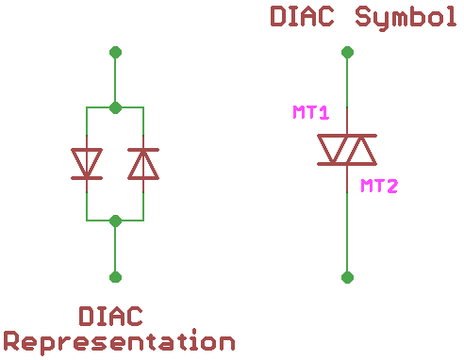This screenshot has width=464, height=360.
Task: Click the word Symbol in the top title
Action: (x=406, y=17)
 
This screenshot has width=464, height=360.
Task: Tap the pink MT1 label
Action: (x=310, y=113)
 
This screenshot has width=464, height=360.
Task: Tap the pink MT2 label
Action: (x=379, y=186)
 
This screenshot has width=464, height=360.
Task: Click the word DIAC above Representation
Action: (x=111, y=315)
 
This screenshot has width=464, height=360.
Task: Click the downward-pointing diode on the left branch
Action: (x=87, y=163)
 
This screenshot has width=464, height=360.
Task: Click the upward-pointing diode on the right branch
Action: (x=143, y=163)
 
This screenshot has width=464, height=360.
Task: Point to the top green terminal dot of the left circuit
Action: (x=115, y=52)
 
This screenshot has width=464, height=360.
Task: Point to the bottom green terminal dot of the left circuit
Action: (x=115, y=276)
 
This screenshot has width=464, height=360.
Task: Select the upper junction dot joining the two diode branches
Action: (x=115, y=107)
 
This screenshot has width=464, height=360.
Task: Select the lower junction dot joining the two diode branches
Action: (x=115, y=221)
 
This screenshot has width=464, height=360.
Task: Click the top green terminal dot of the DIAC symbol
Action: (x=347, y=52)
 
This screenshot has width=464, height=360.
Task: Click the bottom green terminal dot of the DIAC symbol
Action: (x=347, y=276)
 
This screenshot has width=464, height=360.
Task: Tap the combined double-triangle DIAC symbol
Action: (x=347, y=150)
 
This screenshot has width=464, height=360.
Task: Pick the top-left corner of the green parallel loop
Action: (x=87, y=107)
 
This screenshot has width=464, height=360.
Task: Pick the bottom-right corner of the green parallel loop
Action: (x=143, y=221)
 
